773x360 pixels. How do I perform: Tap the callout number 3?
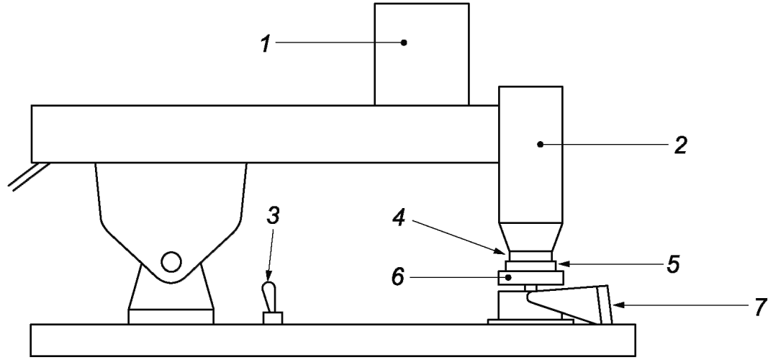pos(274,216)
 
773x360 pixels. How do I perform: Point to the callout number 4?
pos(398,217)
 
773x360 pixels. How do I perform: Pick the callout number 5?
pos(673,264)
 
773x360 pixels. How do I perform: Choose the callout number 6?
pos(398,277)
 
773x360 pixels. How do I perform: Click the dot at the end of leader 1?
pos(404,42)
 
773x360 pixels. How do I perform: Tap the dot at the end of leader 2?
pos(541,145)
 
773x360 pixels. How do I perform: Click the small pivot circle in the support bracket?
pos(171,261)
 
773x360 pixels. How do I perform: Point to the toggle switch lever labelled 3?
pos(270,297)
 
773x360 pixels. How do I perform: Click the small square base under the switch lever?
pos(273,318)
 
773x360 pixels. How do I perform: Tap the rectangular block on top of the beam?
pos(422,54)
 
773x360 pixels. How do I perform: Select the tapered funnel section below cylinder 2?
pos(530,237)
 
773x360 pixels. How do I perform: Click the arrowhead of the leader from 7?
pos(617,306)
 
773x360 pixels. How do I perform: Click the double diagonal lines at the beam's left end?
pos(30,176)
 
